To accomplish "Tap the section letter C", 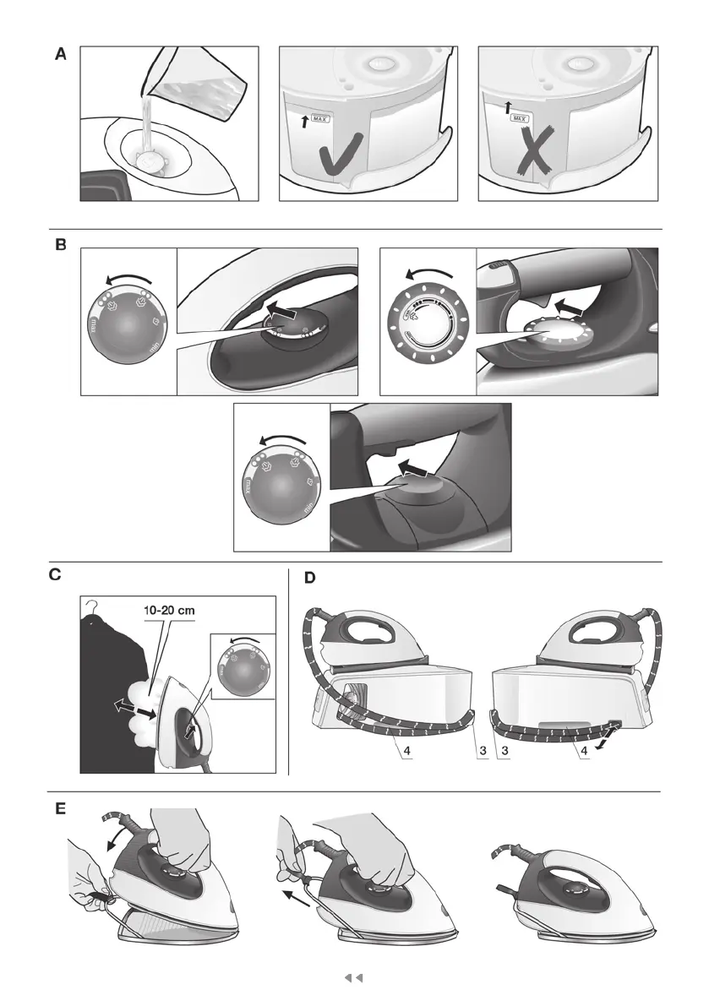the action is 55,577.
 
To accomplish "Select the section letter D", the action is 309,578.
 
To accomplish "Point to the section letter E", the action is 61,808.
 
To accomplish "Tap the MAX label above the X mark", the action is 519,120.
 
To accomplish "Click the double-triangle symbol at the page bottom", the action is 354,978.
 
